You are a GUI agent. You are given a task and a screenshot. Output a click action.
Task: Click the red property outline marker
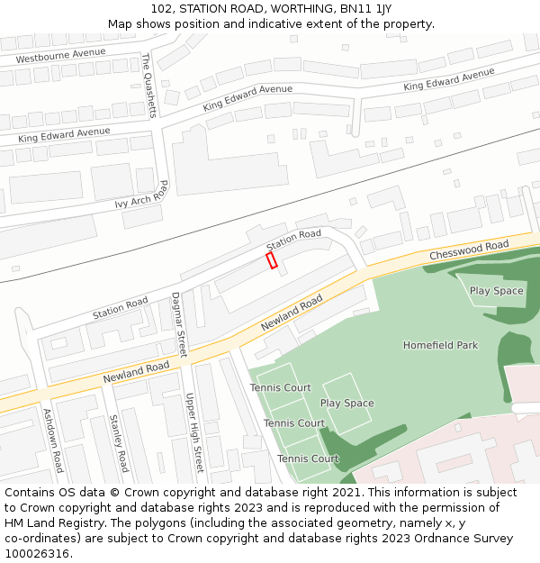(272, 260)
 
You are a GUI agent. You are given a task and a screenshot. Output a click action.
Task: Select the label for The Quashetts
(149, 85)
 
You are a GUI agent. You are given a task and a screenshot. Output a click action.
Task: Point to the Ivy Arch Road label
(142, 195)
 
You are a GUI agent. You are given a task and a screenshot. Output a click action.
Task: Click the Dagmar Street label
(178, 324)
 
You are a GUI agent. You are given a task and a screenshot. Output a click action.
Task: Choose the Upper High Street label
(194, 432)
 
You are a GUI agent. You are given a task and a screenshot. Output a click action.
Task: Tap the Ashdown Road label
(54, 440)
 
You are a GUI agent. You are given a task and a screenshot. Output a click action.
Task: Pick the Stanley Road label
(119, 443)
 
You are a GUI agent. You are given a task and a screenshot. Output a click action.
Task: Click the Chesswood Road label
(469, 250)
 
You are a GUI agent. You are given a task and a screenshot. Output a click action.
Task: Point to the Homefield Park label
(440, 345)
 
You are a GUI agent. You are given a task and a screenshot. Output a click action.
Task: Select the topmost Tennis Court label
(281, 388)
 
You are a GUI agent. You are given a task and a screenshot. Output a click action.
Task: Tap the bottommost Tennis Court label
(308, 459)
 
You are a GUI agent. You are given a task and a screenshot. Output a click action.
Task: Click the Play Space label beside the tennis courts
(346, 403)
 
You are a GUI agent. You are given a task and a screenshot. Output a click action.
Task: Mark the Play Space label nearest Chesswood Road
(496, 291)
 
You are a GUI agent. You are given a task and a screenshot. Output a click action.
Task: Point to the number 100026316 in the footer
(37, 553)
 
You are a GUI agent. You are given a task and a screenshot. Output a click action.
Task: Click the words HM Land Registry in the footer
(50, 523)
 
